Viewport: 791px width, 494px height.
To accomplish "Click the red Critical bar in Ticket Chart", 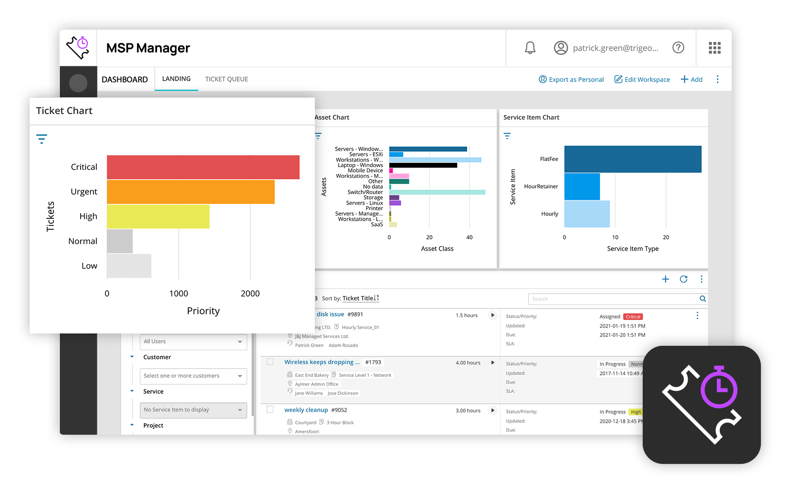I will click(x=203, y=167).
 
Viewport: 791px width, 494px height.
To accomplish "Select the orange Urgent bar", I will click(x=190, y=192).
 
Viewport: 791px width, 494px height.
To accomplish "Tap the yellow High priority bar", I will click(x=158, y=216).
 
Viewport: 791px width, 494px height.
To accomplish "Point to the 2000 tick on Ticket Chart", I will click(x=250, y=293).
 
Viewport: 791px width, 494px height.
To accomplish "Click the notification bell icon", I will click(x=530, y=48).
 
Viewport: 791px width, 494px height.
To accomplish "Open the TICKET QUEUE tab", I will click(x=226, y=79).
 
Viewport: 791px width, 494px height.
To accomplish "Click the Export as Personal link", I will click(x=571, y=80).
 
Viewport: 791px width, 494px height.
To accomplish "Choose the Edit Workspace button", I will click(x=642, y=80).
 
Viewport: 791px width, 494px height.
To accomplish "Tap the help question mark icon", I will click(x=678, y=48).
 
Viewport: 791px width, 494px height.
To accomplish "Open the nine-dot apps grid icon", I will click(x=714, y=48).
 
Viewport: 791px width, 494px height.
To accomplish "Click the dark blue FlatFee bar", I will click(x=633, y=159).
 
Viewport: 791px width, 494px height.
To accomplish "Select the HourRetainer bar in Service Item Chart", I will click(x=582, y=186).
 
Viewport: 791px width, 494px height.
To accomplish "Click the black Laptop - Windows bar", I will click(x=423, y=165).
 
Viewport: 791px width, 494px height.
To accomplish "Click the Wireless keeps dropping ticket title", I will click(x=322, y=362).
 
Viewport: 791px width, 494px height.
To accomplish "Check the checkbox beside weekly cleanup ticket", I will click(x=270, y=410).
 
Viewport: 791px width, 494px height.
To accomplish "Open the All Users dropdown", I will click(x=193, y=341).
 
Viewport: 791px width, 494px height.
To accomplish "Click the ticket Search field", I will click(x=613, y=299).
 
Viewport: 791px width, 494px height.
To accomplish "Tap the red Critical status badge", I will click(x=633, y=317).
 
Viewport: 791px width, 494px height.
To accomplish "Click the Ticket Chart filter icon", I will click(x=42, y=139).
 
